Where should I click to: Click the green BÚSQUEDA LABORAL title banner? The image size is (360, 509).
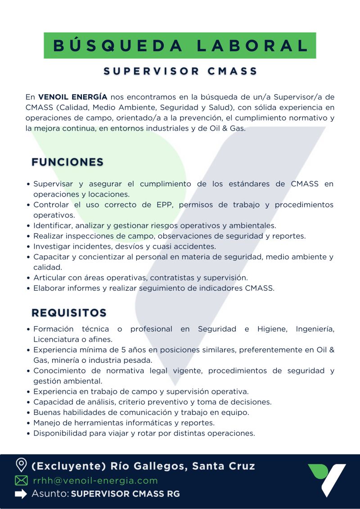point(180,45)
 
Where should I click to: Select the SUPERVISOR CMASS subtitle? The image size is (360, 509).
point(180,71)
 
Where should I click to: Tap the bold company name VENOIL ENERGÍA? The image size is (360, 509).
point(72,97)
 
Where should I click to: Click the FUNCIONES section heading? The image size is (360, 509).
point(67,162)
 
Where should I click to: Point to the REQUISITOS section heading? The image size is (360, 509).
point(69,313)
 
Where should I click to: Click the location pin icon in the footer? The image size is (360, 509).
point(21,465)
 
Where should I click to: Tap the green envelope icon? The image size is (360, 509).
point(21,481)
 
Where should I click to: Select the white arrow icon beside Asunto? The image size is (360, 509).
point(21,494)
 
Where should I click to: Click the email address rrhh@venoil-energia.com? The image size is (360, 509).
point(95,481)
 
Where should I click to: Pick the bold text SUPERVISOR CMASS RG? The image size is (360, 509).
point(126,494)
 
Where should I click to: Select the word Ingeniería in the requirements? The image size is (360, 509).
point(315,329)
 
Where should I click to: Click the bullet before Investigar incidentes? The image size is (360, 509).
point(28,247)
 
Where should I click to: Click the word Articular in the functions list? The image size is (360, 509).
point(48,278)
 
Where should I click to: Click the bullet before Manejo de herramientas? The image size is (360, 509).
point(28,423)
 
